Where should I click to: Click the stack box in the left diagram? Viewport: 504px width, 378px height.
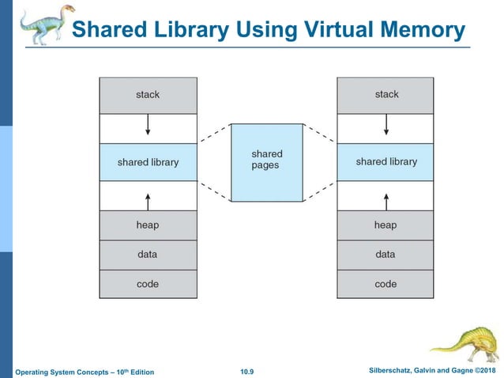[148, 95]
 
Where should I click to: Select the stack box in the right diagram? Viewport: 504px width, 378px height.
[386, 95]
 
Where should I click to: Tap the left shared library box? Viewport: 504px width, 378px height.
[148, 162]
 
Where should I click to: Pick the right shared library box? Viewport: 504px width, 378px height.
[386, 162]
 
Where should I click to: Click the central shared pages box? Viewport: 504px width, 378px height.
[266, 161]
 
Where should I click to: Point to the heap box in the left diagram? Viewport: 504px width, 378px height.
[148, 225]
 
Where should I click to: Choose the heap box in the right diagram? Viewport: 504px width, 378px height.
[386, 225]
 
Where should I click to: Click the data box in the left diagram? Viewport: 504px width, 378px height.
[148, 255]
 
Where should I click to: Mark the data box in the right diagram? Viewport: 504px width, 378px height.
[386, 255]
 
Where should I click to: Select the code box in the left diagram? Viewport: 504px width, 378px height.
[148, 284]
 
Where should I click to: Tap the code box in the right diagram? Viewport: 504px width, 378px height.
[386, 284]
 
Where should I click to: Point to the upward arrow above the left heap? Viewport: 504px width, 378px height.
[148, 197]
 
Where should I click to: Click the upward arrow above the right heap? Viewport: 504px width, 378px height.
[386, 197]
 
